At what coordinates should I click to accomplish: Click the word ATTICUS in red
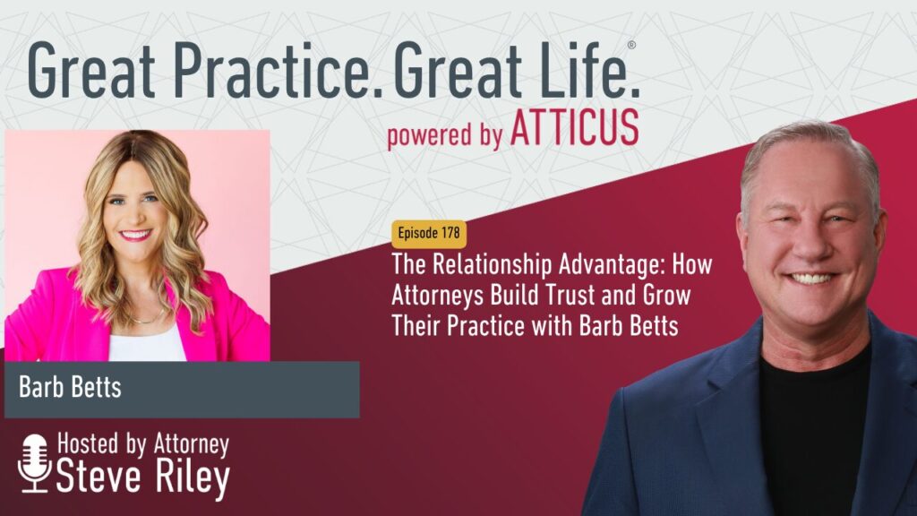575,129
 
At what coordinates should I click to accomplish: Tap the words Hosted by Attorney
143,444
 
